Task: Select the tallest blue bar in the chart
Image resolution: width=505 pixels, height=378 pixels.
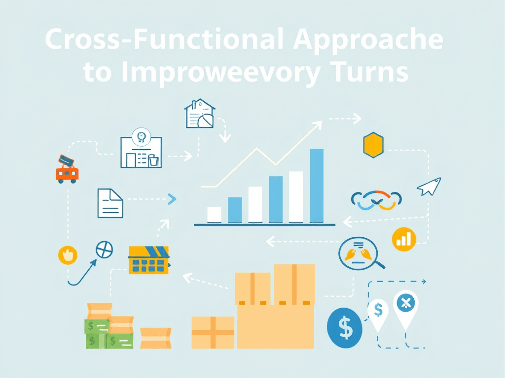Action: click(317, 186)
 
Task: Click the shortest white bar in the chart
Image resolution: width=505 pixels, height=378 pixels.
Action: click(215, 215)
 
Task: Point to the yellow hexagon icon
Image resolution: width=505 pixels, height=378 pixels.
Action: click(373, 145)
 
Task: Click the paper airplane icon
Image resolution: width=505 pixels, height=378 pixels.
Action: click(429, 187)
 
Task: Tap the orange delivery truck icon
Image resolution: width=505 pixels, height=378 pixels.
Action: click(67, 170)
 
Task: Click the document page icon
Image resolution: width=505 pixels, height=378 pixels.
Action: click(110, 203)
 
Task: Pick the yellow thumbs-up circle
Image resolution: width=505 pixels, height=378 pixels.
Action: click(68, 254)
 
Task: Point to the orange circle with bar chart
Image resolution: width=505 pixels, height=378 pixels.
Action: click(404, 239)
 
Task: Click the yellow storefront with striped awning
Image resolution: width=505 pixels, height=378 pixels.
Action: click(148, 260)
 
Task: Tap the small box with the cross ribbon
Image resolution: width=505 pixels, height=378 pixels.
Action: click(213, 332)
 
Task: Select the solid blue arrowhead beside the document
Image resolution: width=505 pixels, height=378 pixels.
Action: click(172, 199)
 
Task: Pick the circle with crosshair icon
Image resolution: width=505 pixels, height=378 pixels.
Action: click(104, 250)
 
